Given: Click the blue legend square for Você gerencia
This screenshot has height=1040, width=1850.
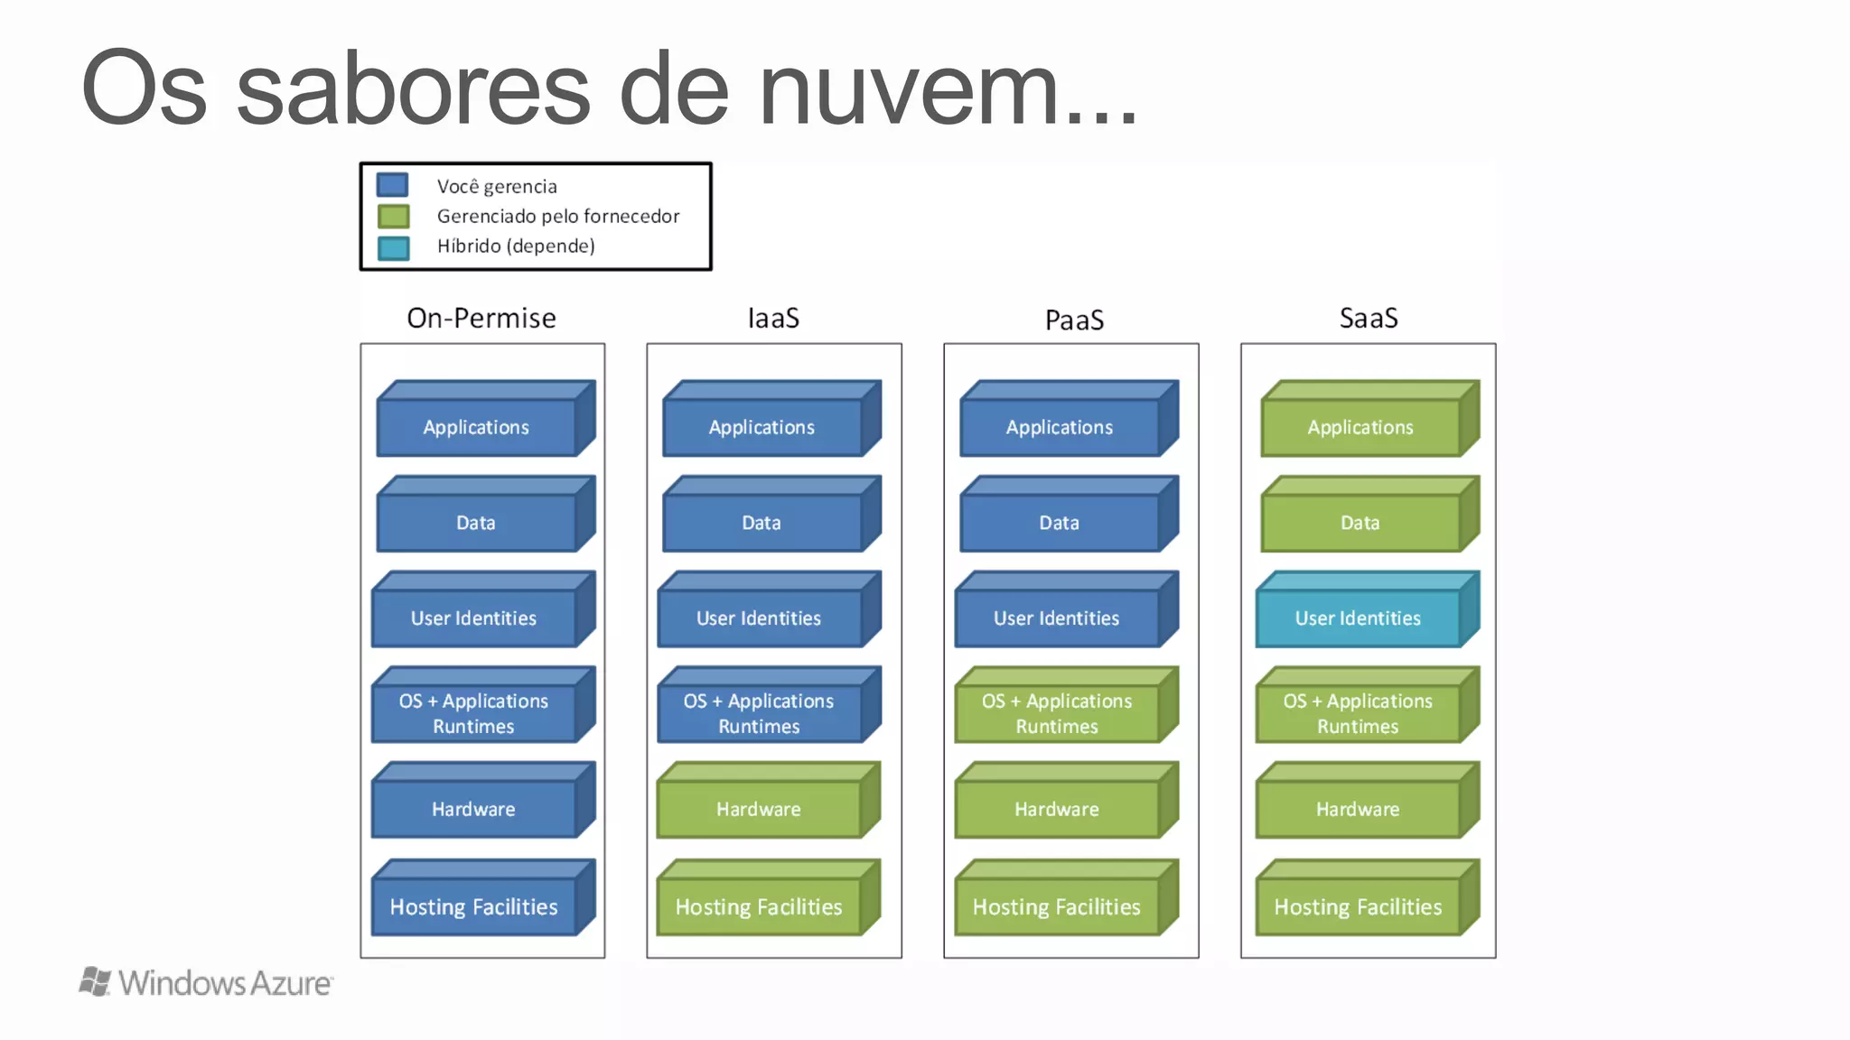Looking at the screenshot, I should click(x=392, y=185).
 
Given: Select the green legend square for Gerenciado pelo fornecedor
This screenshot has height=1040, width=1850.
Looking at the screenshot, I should click(x=393, y=217).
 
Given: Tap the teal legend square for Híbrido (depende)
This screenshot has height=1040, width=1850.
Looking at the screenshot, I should click(x=393, y=247).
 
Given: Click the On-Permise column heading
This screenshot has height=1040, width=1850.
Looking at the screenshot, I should click(x=481, y=318).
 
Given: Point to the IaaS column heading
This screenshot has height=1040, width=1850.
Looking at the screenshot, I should click(x=773, y=318).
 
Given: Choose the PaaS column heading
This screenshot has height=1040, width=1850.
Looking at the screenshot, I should click(x=1074, y=320).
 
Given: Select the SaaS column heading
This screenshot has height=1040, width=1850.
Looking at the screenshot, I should click(x=1369, y=318).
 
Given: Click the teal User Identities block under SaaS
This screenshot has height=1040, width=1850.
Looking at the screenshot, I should click(x=1358, y=617).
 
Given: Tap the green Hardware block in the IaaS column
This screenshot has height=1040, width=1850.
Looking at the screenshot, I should click(x=759, y=808).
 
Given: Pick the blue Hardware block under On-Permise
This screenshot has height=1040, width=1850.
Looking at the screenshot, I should click(x=474, y=808).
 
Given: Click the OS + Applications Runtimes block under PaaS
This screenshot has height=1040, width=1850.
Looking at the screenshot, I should click(x=1057, y=713).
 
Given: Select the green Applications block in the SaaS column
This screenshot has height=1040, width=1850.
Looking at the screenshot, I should click(x=1360, y=427).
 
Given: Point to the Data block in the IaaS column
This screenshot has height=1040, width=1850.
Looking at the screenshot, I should click(x=761, y=522).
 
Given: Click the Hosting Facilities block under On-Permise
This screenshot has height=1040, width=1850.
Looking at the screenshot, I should click(x=474, y=905).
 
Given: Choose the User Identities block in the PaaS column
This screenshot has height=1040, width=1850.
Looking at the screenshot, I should click(x=1057, y=617).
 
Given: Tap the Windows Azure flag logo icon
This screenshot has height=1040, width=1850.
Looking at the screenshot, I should click(x=95, y=981).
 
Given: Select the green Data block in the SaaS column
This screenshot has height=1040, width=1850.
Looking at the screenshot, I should click(x=1360, y=522).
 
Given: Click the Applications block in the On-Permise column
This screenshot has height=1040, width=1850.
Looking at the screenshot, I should click(x=476, y=427).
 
